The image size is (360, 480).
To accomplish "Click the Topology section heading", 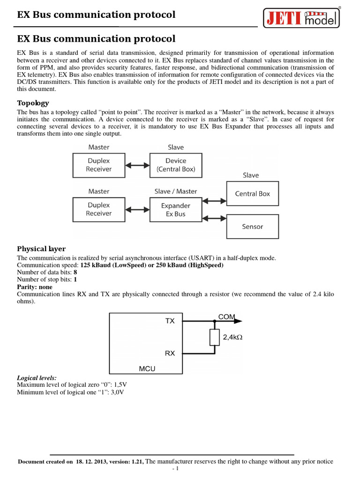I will coord(33,103).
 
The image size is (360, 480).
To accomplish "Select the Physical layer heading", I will coord(41,248).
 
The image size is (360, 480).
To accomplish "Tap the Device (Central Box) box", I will coord(176,165).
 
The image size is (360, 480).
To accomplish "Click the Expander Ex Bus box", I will coord(176,210).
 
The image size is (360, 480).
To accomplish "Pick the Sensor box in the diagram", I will coord(252,226).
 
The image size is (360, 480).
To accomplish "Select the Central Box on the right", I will coord(252,194).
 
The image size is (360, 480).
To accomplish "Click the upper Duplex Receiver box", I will coord(99,165).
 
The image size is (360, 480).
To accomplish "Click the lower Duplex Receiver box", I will coord(99,210).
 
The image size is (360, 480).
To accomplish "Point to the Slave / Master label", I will coord(176,191).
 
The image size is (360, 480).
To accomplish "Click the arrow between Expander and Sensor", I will coord(214,218).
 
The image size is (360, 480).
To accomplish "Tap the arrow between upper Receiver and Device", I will coord(137,165).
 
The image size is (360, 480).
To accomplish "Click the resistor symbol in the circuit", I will coord(215,337).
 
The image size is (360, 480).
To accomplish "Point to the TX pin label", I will coord(170,321).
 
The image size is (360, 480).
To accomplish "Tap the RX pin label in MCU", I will coord(170,353).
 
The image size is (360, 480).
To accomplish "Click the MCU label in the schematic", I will coord(147,369).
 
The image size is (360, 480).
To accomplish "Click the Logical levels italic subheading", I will coord(37,377).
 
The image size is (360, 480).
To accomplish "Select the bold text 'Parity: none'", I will coord(35,287).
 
